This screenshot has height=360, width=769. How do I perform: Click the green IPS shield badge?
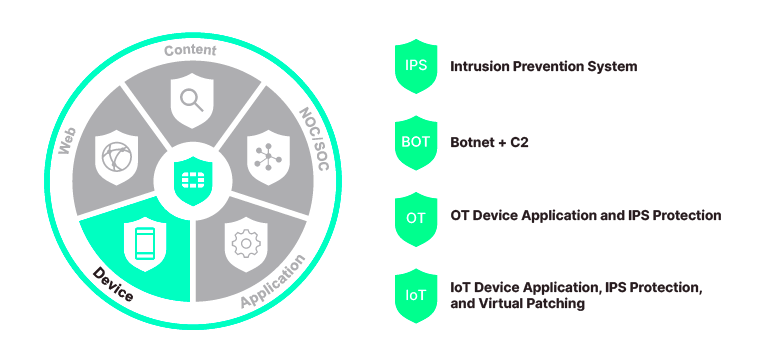[x=416, y=66]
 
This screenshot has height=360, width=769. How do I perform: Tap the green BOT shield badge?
[x=416, y=142]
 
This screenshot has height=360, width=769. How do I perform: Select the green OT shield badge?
[x=416, y=217]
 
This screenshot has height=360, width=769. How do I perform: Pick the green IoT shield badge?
[x=416, y=295]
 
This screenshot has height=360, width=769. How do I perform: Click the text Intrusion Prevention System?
[x=543, y=67]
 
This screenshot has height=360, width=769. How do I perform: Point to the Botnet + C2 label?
[x=489, y=143]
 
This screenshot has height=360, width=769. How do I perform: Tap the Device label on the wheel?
[x=113, y=284]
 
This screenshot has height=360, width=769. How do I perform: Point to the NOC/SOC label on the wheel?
[x=315, y=140]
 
